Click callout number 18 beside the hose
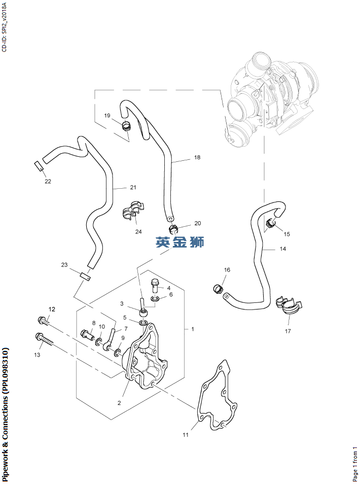pyautogui.click(x=197, y=157)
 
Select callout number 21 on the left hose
pyautogui.click(x=133, y=187)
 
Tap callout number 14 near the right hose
pyautogui.click(x=282, y=249)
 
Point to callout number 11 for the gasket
pyautogui.click(x=186, y=435)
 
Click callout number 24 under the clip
pyautogui.click(x=138, y=232)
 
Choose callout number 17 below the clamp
pyautogui.click(x=287, y=331)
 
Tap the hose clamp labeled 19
pyautogui.click(x=127, y=125)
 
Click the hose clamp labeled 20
pyautogui.click(x=174, y=228)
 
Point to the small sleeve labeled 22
pyautogui.click(x=38, y=166)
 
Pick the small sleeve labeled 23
pyautogui.click(x=86, y=276)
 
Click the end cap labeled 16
pyautogui.click(x=218, y=289)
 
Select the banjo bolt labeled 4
pyautogui.click(x=155, y=284)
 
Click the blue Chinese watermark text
pyautogui.click(x=180, y=242)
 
